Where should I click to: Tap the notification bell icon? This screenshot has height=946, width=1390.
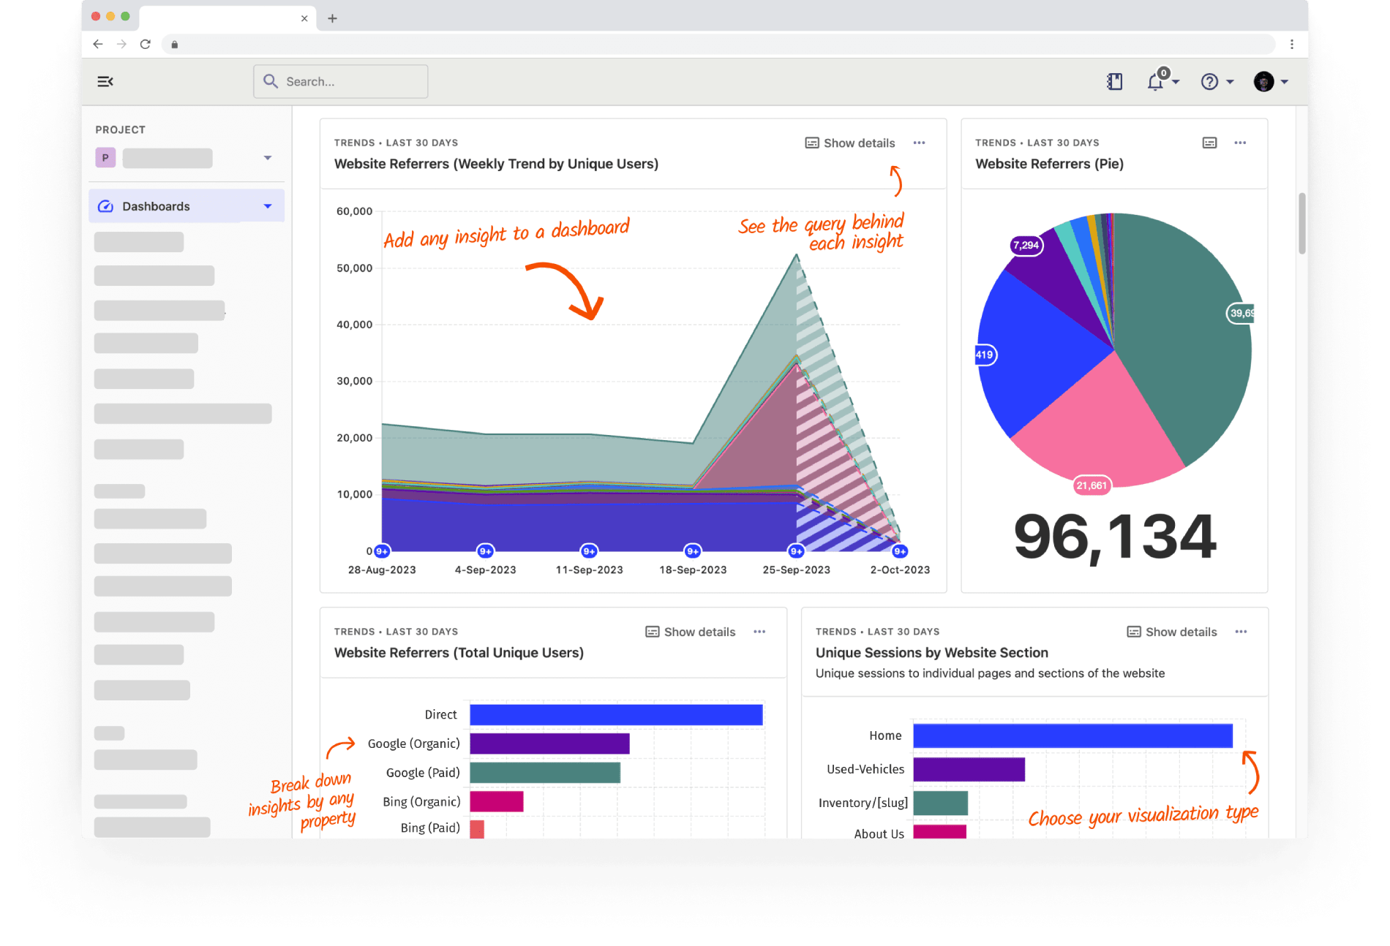point(1155,82)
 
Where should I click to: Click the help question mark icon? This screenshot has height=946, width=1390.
point(1209,82)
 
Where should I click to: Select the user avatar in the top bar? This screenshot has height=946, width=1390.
point(1263,82)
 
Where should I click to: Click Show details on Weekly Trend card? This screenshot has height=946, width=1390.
point(850,143)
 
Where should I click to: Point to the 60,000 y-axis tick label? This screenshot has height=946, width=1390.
point(354,211)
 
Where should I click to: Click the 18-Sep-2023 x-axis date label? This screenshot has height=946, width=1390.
point(693,570)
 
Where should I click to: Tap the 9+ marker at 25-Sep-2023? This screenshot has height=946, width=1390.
point(796,551)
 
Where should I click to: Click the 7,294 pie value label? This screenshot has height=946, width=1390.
point(1026,246)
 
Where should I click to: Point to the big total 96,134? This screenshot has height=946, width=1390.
point(1114,537)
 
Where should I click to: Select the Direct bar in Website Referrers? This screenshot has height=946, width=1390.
point(616,715)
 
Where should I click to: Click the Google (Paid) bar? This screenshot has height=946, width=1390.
point(545,773)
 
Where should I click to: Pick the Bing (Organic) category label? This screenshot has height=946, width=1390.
point(421,802)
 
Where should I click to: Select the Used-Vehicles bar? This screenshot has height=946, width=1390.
point(969,769)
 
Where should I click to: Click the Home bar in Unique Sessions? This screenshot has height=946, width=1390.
point(1072,735)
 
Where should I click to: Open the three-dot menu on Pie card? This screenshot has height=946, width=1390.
point(1240,143)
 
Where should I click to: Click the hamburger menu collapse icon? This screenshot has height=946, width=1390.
point(105,81)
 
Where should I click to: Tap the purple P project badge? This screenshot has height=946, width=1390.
point(105,158)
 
